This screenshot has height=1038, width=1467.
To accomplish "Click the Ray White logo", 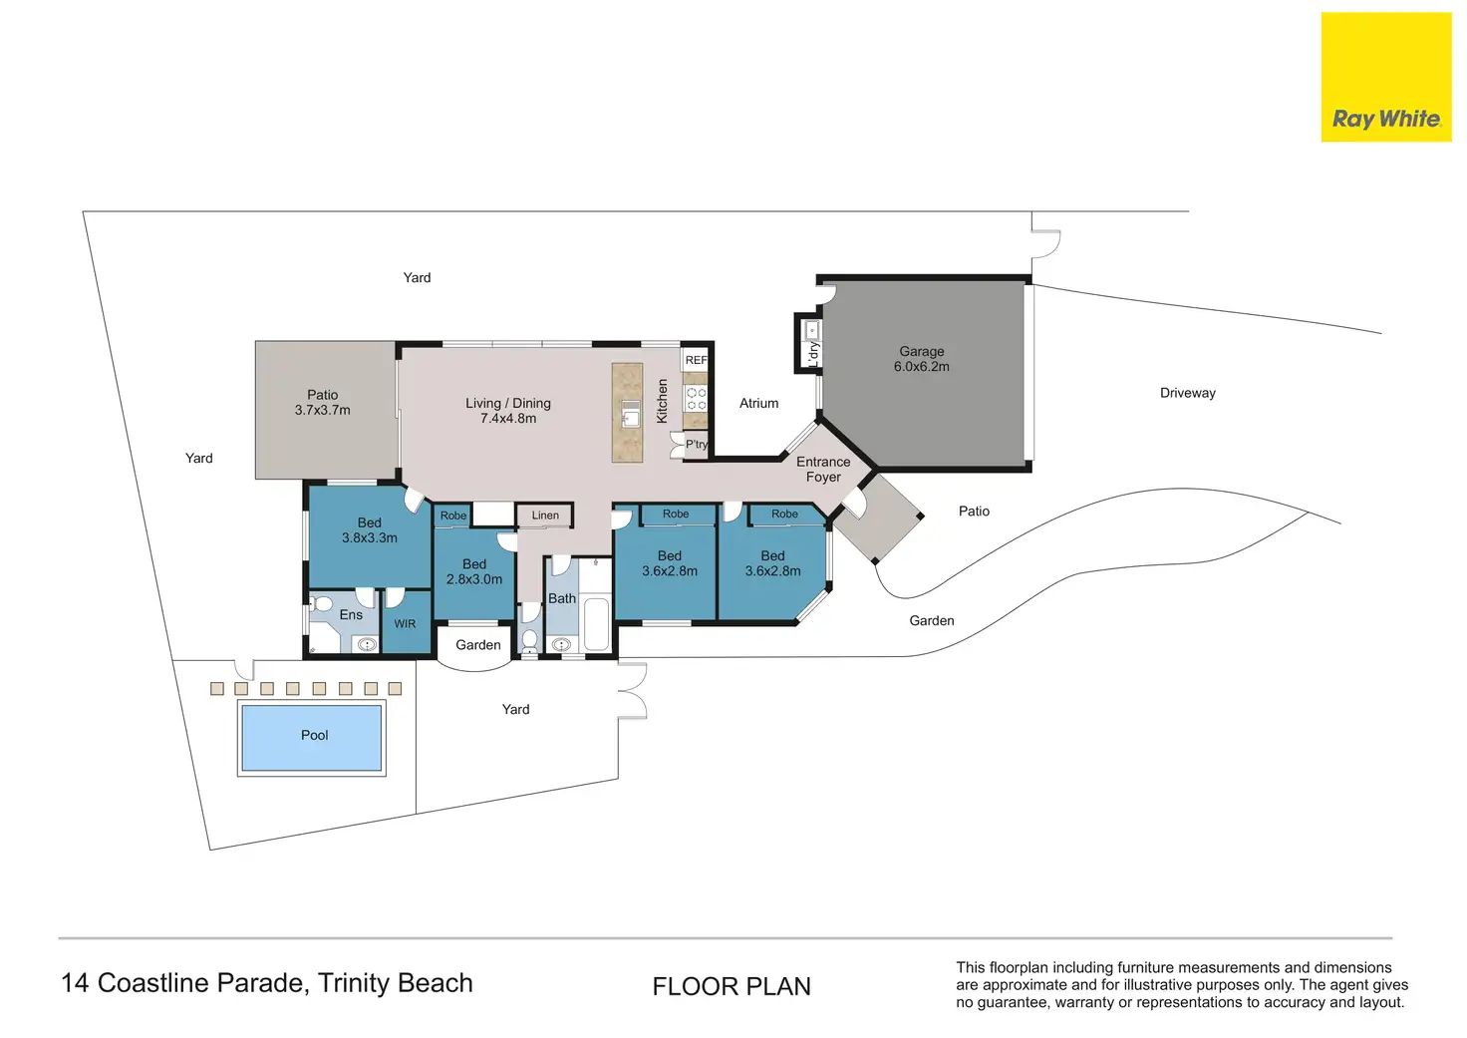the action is tap(1386, 77).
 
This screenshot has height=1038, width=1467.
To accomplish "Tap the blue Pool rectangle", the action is tap(312, 737).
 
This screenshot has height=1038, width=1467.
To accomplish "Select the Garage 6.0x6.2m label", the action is tap(922, 359).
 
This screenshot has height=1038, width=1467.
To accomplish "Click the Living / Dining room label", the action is tap(508, 411).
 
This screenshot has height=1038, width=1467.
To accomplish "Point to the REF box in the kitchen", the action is tap(696, 360).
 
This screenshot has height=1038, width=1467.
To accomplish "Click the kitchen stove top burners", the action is tap(696, 399).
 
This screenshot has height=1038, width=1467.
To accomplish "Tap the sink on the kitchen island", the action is tap(631, 414).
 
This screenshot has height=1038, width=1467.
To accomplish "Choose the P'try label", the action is tap(697, 445).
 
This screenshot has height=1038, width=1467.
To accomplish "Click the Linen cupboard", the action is tap(545, 516).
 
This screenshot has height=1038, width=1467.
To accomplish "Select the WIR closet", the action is tap(406, 622).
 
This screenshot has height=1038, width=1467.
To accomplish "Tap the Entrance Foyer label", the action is tap(823, 470).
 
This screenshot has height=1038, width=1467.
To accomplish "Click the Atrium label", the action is tap(759, 403).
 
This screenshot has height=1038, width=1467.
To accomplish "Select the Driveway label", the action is tap(1187, 393).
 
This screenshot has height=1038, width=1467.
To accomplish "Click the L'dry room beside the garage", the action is tap(809, 343).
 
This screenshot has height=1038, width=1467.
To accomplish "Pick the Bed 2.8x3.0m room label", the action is tap(474, 571).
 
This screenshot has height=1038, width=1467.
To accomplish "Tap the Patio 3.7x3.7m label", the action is tap(322, 403).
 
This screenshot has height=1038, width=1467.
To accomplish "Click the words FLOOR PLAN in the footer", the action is tap(732, 986).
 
